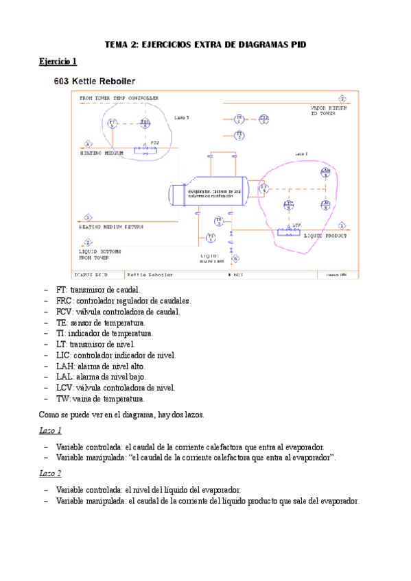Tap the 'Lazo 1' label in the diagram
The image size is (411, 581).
pos(181,117)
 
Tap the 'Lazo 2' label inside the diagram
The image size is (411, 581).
pos(301,154)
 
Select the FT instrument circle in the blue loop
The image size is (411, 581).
pos(113,123)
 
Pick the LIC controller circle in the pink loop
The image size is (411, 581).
pos(289,204)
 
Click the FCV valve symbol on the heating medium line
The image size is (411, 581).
pos(145,148)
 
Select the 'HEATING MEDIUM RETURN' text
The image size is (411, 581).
pos(111,226)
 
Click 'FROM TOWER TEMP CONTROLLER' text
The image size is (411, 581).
pos(119,98)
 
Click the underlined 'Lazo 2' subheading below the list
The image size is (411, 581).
pos(49,473)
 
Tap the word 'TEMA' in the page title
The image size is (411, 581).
pos(116,44)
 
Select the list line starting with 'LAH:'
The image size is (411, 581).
pos(101,366)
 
